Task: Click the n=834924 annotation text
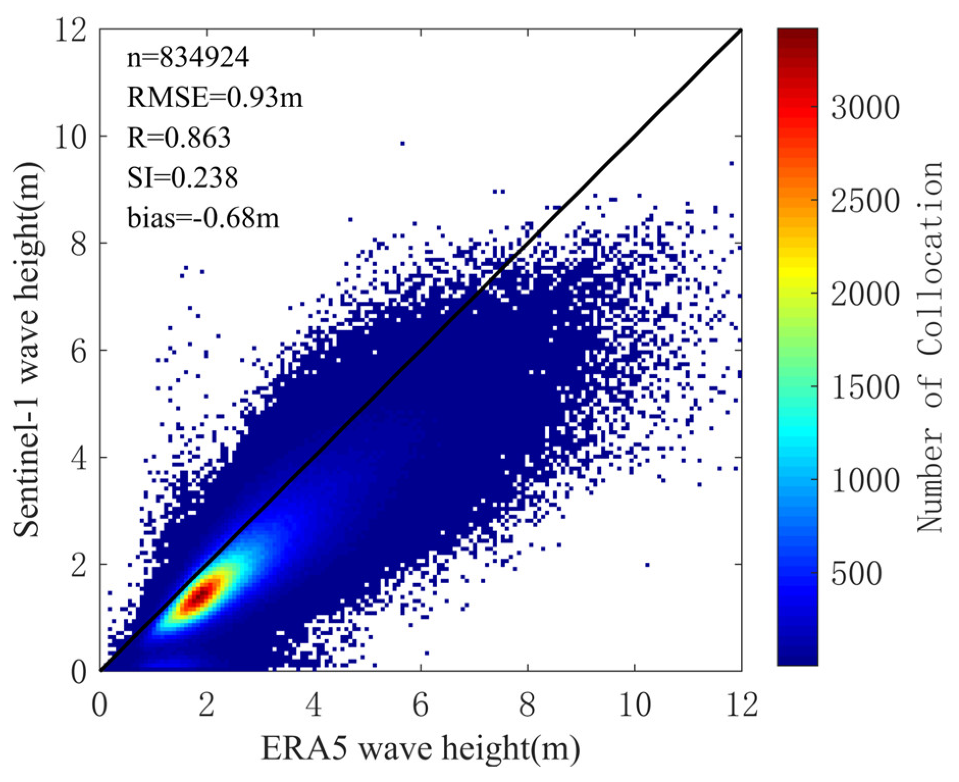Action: point(188,58)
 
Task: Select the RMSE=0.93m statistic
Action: point(214,97)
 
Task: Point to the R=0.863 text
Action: point(178,137)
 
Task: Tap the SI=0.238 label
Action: point(182,177)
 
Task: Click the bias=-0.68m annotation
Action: point(203,218)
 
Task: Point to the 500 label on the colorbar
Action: point(857,574)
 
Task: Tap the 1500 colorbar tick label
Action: point(865,387)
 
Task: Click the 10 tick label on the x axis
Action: point(634,706)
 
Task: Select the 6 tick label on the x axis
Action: point(420,706)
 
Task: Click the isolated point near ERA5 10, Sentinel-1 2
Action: point(647,564)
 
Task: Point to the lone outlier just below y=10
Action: point(402,144)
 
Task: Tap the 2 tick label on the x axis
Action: point(206,706)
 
